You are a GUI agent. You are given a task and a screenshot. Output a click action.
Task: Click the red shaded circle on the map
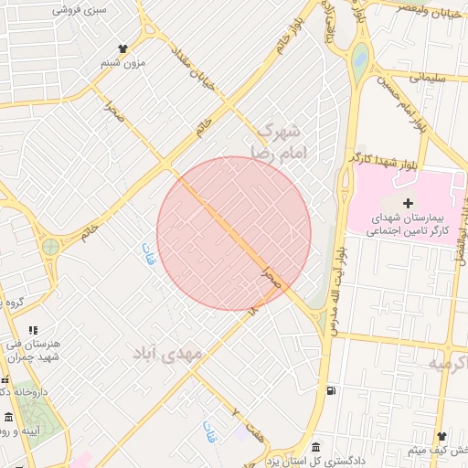234,233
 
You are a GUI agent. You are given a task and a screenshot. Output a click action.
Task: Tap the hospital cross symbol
408,202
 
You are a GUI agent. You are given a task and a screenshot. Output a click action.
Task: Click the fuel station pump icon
330,391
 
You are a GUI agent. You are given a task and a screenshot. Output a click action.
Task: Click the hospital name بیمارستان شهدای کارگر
406,226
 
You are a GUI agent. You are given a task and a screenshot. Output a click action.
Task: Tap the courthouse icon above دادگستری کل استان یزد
316,447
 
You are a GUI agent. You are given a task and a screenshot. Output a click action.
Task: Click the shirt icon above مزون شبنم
123,48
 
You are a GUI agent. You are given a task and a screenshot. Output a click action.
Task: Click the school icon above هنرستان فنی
34,330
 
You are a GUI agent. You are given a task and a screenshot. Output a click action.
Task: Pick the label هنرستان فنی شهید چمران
42,349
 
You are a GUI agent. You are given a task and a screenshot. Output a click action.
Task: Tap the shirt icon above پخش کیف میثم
441,437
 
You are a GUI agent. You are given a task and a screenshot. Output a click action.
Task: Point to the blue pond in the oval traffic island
360,60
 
